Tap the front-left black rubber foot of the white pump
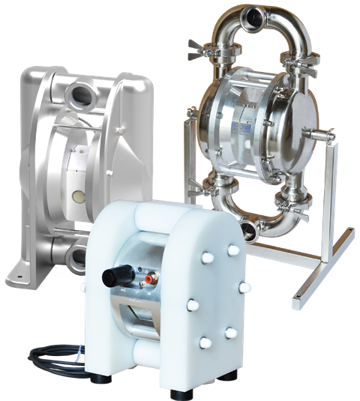coord(97,394)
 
